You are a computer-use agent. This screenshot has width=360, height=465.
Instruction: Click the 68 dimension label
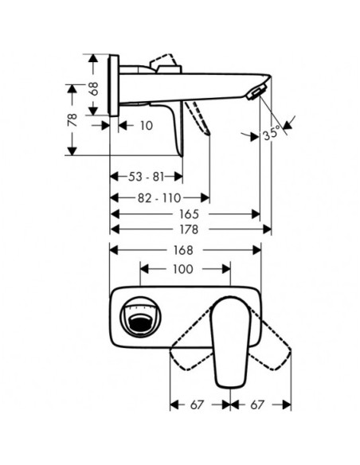(94, 88)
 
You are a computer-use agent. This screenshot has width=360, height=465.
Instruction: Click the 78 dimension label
(72, 119)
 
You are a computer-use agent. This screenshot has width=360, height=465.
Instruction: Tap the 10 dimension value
(147, 126)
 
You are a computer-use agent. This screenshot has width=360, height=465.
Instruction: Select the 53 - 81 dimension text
(146, 177)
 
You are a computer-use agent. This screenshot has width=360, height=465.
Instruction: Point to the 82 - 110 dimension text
(159, 197)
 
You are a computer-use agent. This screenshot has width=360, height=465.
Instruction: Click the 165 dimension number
(189, 214)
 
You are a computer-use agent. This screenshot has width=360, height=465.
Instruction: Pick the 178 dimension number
(189, 229)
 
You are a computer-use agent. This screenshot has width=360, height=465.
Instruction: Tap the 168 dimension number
(183, 250)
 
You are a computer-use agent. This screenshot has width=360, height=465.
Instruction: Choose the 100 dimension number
(183, 269)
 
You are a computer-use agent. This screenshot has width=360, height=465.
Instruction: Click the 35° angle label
(272, 132)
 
